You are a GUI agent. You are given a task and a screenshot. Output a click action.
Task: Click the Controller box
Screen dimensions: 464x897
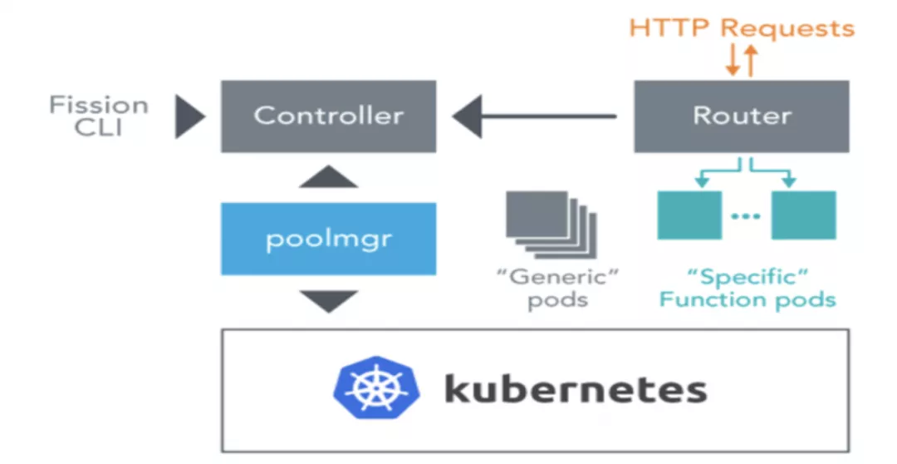[x=328, y=116]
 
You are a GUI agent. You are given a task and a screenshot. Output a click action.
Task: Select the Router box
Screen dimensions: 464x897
[x=742, y=116]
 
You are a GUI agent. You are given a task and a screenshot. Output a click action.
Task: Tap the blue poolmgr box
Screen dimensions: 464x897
[x=328, y=239]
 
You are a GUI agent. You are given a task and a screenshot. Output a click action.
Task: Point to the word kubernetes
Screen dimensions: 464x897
[x=576, y=389]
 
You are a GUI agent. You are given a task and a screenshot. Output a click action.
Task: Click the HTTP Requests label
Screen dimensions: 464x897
[x=742, y=27]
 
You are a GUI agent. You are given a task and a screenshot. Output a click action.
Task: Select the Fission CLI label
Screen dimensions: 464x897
[x=98, y=116]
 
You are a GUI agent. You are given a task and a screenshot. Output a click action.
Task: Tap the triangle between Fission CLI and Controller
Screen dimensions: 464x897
[x=189, y=116]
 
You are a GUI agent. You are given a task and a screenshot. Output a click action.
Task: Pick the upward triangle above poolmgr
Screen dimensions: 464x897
[x=328, y=176]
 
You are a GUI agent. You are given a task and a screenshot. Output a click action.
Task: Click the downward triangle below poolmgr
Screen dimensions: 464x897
[x=328, y=300]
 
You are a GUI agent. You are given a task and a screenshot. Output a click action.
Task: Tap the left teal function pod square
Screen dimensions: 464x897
[x=689, y=215]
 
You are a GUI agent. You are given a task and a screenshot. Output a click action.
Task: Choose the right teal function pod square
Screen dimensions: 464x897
[x=803, y=215]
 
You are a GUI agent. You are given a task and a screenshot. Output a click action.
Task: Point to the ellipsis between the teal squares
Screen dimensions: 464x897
[x=746, y=216]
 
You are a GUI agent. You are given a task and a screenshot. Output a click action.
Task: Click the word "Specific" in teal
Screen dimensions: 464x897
[x=747, y=276]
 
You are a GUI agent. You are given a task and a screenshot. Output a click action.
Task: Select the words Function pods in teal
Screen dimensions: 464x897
[x=747, y=299]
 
